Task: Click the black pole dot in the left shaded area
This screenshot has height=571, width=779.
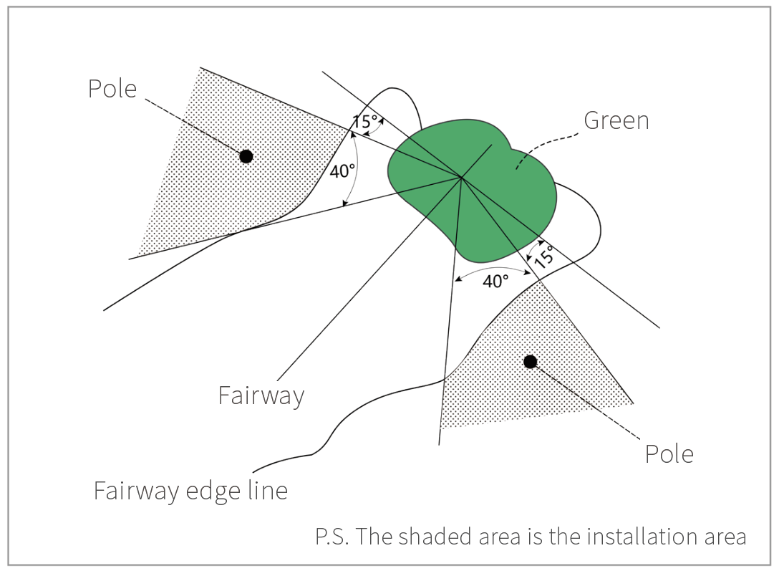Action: pos(246,156)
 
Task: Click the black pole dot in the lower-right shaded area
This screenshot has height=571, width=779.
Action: pos(530,362)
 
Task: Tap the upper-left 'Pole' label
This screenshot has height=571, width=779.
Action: pos(112,89)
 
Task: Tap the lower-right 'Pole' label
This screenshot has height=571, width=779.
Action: pos(669,454)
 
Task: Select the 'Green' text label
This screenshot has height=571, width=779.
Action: pos(616,120)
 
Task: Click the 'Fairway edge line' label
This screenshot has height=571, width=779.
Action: pos(190,491)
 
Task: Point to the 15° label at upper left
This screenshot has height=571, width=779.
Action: pos(364,121)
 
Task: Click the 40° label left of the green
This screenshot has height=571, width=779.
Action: pos(342,171)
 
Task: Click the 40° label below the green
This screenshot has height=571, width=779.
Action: pos(495,281)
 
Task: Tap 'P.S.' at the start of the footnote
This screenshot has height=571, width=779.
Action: pos(331,537)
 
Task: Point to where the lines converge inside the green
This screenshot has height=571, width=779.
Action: pos(460,176)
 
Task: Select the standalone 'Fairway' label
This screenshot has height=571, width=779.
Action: pos(261,395)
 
